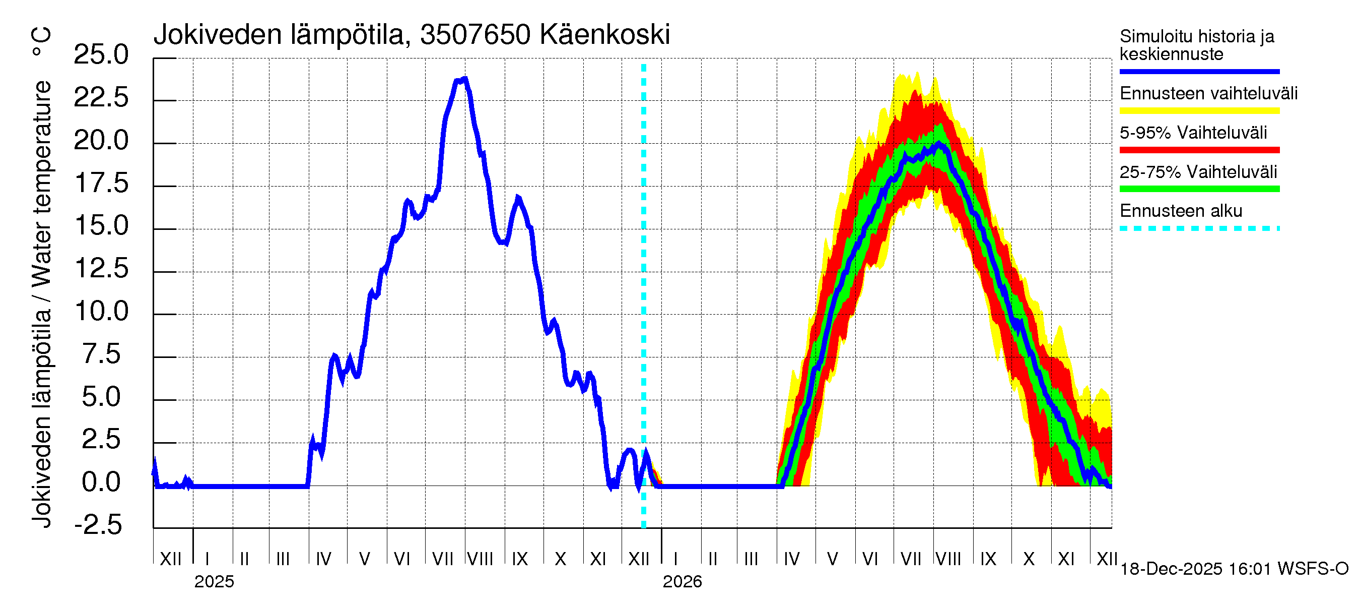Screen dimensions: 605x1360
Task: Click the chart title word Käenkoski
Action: (x=604, y=35)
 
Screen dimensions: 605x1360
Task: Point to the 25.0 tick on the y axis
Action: (x=101, y=54)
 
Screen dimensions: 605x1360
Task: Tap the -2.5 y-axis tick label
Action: (x=98, y=525)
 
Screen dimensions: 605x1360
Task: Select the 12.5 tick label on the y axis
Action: (x=101, y=268)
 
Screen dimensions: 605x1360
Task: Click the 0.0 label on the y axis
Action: (x=101, y=482)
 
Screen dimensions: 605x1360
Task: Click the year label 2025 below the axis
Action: (x=214, y=582)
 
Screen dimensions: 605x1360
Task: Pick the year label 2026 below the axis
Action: (x=682, y=582)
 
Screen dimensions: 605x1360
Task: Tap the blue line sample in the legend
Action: (x=1199, y=71)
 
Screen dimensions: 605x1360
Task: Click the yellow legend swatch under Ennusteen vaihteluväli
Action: (x=1199, y=111)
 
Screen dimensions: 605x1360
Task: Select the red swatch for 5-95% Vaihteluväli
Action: (x=1199, y=150)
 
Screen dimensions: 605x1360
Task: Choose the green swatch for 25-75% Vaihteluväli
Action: (x=1199, y=189)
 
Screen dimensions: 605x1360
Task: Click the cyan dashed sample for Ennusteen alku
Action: (x=1199, y=228)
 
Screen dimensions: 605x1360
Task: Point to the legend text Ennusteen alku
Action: (x=1181, y=211)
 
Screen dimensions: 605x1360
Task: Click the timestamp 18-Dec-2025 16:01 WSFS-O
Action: (x=1234, y=569)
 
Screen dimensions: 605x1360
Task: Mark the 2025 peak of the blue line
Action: (x=464, y=79)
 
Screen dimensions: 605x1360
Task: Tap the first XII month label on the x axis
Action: (x=170, y=559)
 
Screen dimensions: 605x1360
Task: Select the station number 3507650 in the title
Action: (x=475, y=35)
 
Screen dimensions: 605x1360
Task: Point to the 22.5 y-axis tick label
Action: (x=101, y=97)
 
